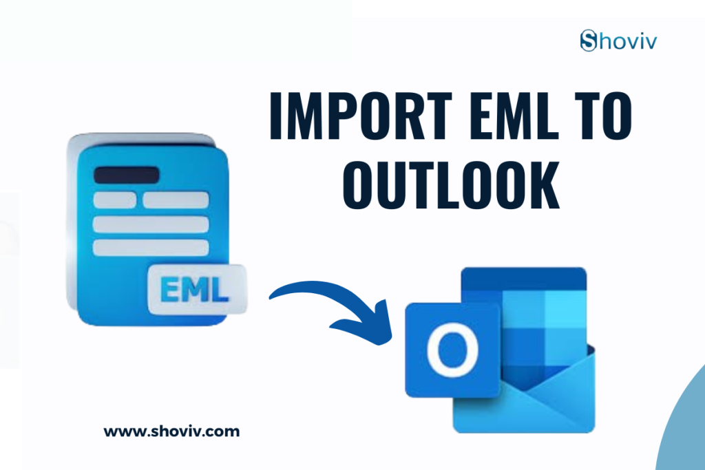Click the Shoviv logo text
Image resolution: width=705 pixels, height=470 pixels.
(x=618, y=41)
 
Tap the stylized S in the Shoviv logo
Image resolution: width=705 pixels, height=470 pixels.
(x=588, y=41)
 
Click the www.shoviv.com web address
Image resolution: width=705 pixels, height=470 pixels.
(x=171, y=432)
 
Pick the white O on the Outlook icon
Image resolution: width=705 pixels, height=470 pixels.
(x=452, y=350)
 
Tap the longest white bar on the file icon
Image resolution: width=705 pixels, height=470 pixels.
(x=151, y=224)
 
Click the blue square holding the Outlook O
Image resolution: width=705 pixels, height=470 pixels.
(x=452, y=350)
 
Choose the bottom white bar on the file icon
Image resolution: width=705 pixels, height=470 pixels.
(x=151, y=247)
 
